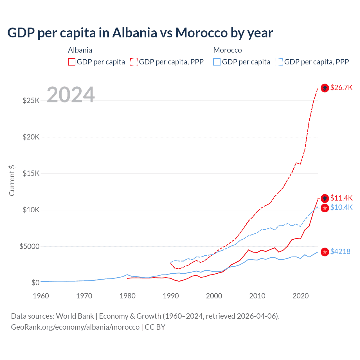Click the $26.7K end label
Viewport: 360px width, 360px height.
click(x=341, y=88)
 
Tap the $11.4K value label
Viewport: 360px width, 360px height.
click(x=341, y=198)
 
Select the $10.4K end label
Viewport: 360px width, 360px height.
click(x=341, y=208)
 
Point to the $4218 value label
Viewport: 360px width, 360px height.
click(x=340, y=251)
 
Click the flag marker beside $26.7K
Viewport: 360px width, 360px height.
click(x=325, y=88)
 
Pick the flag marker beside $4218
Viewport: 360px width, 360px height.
click(x=325, y=252)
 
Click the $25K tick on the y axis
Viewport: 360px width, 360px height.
click(x=31, y=100)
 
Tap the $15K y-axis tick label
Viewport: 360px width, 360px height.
click(x=31, y=173)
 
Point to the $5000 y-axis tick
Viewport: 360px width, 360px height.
click(x=29, y=246)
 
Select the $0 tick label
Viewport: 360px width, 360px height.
click(x=35, y=283)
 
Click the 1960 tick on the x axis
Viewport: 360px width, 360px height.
click(x=41, y=296)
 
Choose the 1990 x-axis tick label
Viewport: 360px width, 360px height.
click(x=171, y=296)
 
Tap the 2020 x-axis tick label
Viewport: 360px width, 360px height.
click(x=301, y=296)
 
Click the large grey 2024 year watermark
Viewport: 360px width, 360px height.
click(x=71, y=95)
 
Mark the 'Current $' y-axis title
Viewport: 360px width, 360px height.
click(x=12, y=181)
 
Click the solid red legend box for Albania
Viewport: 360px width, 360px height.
click(x=72, y=62)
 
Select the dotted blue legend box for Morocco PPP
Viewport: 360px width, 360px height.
click(x=279, y=62)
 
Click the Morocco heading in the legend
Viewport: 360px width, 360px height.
click(x=228, y=50)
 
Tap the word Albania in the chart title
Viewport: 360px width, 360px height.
click(x=134, y=33)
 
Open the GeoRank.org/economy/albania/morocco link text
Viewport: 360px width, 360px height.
click(x=75, y=327)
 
